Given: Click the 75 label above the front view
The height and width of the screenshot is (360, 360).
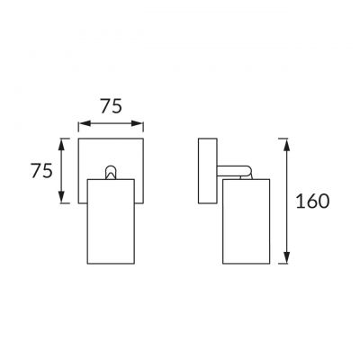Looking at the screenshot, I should coord(111,104).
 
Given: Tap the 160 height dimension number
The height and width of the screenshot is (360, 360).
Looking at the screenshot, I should coord(312,201).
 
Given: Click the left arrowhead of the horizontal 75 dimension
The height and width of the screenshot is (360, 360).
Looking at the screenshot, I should coord(82,123).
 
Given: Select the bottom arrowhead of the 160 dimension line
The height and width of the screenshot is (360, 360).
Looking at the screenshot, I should coord(286,263).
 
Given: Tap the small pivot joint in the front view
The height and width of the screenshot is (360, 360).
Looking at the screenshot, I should coord(112,173).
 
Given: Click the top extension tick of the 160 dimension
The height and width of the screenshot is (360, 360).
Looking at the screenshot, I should coord(286,137).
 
